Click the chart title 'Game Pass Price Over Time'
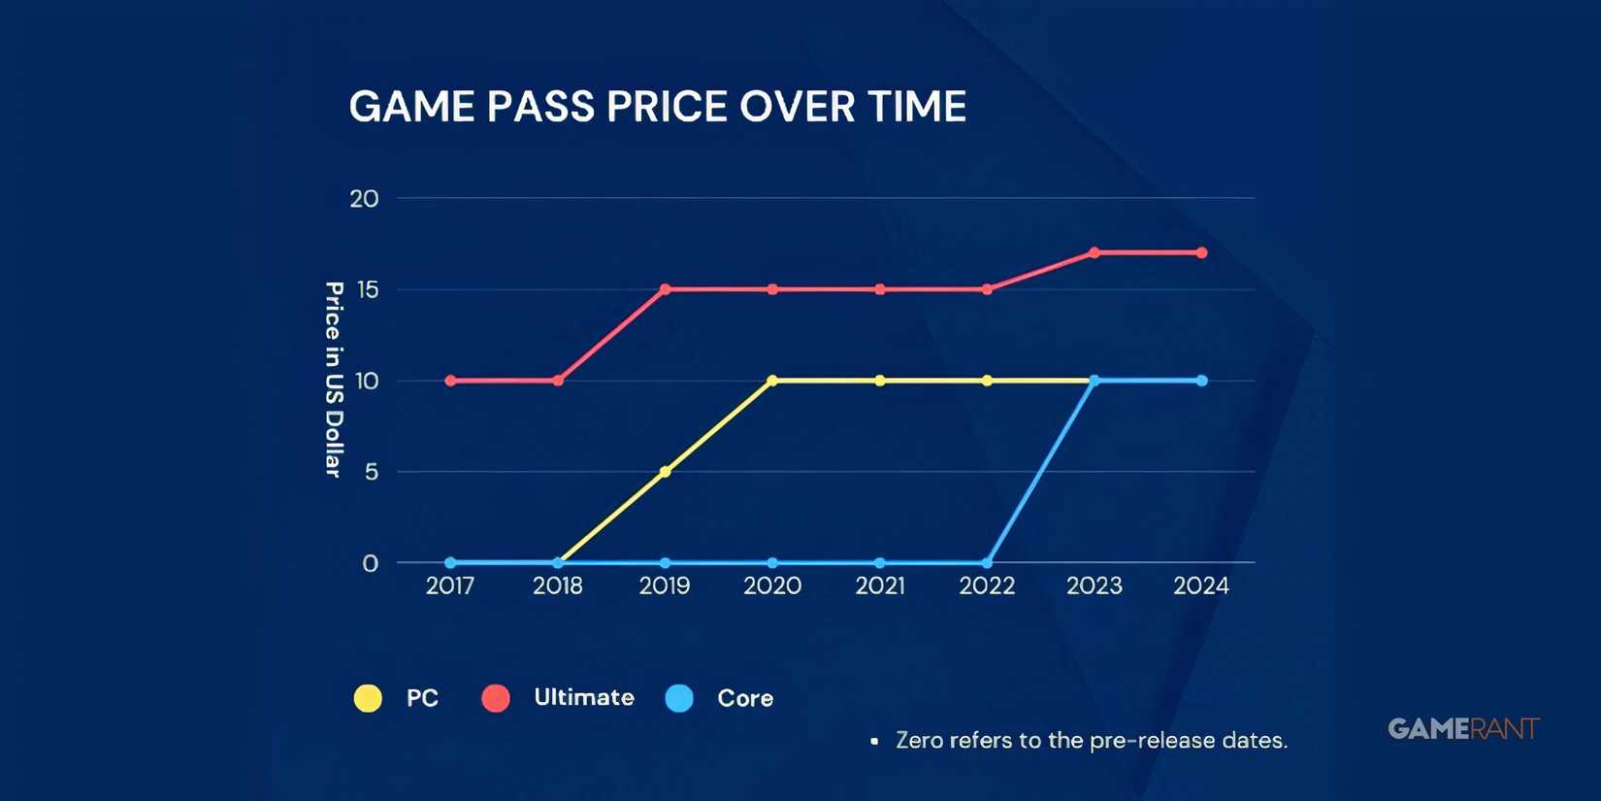657,107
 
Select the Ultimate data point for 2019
665,289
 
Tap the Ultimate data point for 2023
1095,252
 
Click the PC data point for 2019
665,472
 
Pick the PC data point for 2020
772,381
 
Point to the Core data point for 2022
987,563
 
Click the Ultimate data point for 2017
450,381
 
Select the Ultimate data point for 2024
1202,252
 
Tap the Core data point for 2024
1202,381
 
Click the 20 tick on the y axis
364,199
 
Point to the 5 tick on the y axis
371,473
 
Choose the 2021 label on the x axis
880,585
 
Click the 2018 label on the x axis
558,585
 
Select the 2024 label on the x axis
1201,585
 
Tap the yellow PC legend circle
368,698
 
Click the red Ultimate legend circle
496,698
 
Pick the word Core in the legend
745,698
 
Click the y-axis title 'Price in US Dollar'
334,380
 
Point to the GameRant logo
1463,729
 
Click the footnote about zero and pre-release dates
1091,741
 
